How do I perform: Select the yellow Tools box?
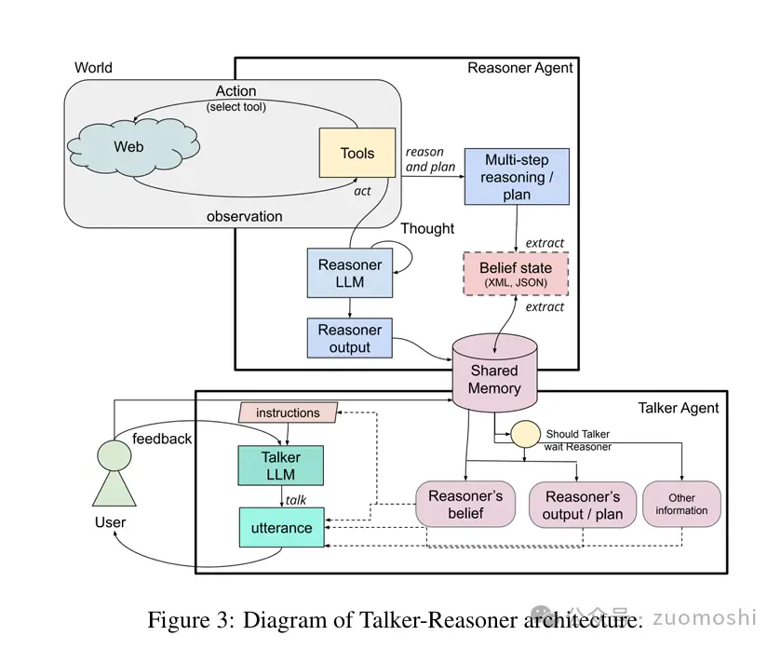[357, 154]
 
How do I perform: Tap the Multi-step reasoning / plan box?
[517, 177]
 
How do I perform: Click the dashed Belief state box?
[517, 274]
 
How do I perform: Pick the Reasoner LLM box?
[350, 273]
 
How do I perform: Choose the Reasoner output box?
[350, 338]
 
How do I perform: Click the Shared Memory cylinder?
[493, 377]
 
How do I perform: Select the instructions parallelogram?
[288, 412]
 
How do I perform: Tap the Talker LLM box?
[280, 466]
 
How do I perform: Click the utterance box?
[281, 528]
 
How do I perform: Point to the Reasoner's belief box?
[466, 504]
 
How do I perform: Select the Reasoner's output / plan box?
[582, 504]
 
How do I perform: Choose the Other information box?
[681, 504]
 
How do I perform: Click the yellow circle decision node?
[524, 435]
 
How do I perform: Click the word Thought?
[427, 228]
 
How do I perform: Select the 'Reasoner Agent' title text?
[519, 67]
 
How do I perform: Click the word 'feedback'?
[162, 438]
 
